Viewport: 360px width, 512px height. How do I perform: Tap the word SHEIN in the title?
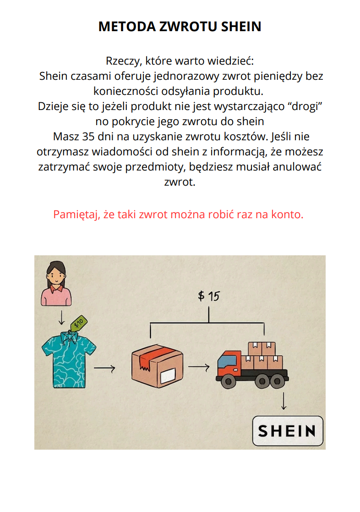click(241, 27)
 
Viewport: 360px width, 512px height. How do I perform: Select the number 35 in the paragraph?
click(88, 136)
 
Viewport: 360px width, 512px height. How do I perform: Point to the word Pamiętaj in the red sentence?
click(76, 215)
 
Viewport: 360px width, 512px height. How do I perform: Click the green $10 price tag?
click(79, 323)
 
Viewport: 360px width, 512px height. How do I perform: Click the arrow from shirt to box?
click(104, 369)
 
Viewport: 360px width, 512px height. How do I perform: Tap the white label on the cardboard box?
click(168, 375)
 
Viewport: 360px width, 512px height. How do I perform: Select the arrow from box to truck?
click(199, 367)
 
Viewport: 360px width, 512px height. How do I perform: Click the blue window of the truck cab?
click(223, 361)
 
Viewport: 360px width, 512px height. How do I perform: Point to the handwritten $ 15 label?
click(209, 296)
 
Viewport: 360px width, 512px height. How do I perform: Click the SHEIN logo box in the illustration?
click(288, 431)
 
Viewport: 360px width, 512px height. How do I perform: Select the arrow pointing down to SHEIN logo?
click(284, 401)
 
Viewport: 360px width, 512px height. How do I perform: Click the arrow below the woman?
click(61, 318)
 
